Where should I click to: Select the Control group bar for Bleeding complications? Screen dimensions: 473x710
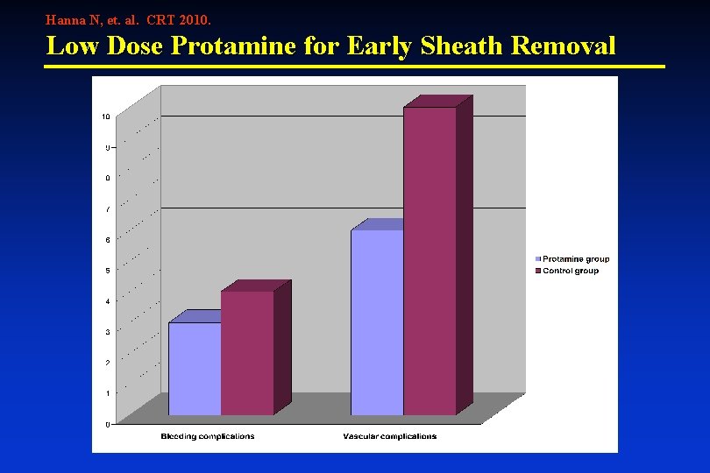coord(247,352)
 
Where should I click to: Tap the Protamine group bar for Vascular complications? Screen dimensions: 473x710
coord(377,321)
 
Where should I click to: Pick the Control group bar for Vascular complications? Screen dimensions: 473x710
coord(430,260)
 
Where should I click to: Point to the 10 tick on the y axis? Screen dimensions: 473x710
coord(105,116)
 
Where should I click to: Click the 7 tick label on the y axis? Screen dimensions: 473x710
coord(107,209)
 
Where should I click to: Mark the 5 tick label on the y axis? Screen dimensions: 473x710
coord(107,271)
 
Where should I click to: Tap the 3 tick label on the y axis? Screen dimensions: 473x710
coord(107,332)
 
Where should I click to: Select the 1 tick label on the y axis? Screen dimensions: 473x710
coord(107,393)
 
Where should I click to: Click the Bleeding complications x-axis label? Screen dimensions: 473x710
coord(208,436)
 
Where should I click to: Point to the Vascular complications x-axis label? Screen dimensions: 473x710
coord(390,436)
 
